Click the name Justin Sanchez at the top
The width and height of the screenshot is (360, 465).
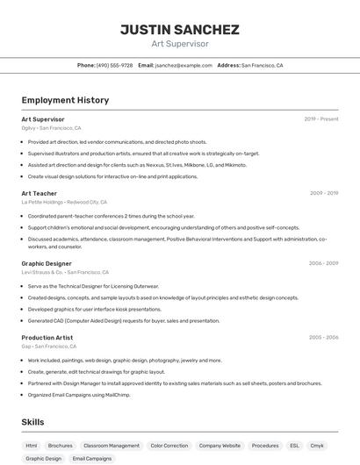pos(179,29)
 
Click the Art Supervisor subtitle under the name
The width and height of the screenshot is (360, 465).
pos(179,43)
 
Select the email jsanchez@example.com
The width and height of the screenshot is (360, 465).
pos(180,65)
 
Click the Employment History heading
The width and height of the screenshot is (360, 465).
pos(65,100)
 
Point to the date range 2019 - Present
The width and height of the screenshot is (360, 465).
pos(320,118)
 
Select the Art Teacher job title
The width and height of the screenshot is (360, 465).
pos(39,192)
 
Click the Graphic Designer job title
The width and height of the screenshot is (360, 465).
pos(47,262)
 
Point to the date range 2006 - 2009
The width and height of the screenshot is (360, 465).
pos(323,262)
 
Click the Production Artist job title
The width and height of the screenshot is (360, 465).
pos(48,337)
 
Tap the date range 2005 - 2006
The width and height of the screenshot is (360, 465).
pos(323,337)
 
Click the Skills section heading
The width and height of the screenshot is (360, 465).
pos(32,422)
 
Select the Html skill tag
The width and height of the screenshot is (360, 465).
pos(32,446)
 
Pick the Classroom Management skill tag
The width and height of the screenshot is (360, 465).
pos(111,446)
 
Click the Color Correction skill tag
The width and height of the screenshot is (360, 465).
pos(169,446)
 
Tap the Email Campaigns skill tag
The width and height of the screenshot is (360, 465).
pos(91,458)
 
